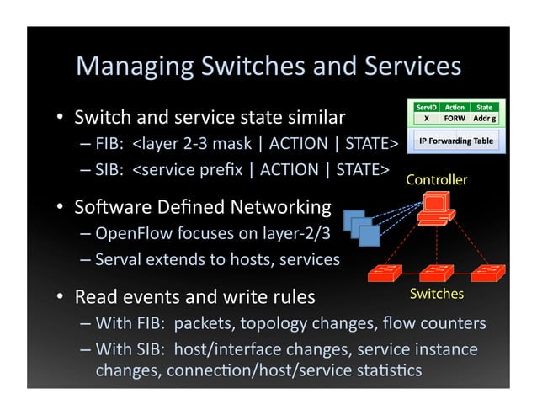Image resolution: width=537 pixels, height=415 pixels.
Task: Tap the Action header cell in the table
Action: [455, 108]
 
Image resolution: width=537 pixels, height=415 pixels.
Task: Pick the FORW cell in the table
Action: [455, 119]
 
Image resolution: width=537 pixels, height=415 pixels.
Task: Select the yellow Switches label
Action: [436, 294]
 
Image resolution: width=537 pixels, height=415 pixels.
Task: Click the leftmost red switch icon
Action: [385, 273]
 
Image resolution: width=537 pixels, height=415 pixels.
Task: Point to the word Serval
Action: [119, 259]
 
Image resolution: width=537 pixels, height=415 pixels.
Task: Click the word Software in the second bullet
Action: [109, 206]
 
